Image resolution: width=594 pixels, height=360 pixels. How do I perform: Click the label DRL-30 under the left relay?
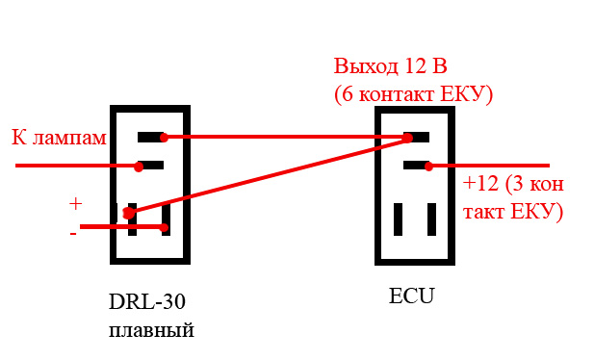(147, 302)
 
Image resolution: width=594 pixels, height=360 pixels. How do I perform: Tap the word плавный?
(151, 330)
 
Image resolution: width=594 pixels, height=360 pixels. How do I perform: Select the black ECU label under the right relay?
(411, 296)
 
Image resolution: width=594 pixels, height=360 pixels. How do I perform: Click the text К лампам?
(59, 138)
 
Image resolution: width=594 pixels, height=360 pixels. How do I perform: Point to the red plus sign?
(76, 204)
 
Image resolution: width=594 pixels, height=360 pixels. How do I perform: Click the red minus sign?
(73, 234)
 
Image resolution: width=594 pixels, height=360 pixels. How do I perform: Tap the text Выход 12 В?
(390, 66)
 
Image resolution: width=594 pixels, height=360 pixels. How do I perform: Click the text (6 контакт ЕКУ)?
(413, 94)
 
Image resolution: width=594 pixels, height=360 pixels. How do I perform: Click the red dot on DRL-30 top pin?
(164, 138)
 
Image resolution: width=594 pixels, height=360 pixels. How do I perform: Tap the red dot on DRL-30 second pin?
(139, 167)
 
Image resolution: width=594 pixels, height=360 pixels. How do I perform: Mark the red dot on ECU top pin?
(407, 138)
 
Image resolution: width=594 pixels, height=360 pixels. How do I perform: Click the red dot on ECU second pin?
(428, 166)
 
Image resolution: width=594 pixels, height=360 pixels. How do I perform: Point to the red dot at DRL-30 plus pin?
(129, 213)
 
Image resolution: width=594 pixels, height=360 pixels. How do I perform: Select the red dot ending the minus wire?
(165, 227)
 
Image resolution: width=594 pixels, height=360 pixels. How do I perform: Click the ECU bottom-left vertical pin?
(398, 219)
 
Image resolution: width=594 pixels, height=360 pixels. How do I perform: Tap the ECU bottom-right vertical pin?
(431, 219)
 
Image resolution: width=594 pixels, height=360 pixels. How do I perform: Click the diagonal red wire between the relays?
(268, 175)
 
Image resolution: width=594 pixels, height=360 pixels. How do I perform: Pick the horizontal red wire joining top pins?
(285, 138)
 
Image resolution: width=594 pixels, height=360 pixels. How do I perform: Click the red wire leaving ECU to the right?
(489, 166)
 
